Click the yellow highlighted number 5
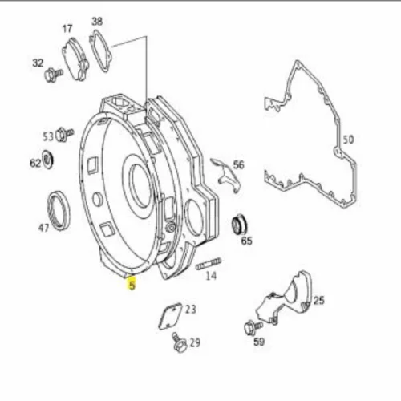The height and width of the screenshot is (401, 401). point(132,284)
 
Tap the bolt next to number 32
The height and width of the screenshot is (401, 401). point(54,75)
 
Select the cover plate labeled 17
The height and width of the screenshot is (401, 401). point(75,59)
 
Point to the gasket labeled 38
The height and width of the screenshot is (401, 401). point(100,51)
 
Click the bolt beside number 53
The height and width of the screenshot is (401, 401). point(64,134)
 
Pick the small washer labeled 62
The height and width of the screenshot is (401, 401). point(48,160)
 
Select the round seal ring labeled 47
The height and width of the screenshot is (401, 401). point(59,210)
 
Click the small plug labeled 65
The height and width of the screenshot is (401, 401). point(239,225)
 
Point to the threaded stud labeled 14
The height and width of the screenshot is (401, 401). point(209,264)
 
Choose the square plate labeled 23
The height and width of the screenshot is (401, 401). point(171,316)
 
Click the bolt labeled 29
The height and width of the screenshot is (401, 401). point(179,342)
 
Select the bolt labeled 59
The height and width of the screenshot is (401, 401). point(253,327)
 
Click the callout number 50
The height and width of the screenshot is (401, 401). point(348,140)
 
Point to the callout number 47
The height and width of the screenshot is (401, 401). point(44,228)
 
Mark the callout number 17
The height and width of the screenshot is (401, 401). point(67,29)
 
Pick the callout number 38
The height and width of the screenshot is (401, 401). point(97,22)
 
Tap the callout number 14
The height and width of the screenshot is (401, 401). point(211,276)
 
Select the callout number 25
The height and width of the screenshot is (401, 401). point(319,301)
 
